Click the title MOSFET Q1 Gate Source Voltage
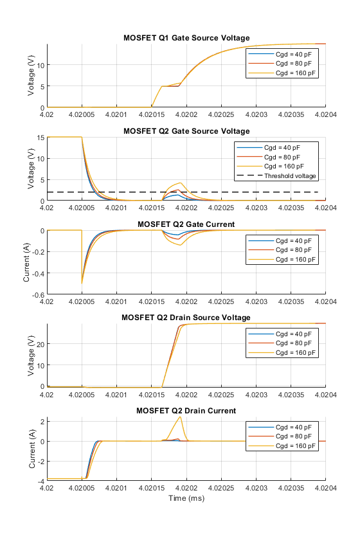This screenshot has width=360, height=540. click(x=186, y=38)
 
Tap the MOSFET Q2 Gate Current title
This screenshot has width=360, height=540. click(x=186, y=224)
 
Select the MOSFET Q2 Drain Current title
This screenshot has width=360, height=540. click(x=186, y=411)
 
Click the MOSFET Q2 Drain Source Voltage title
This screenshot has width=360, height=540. click(x=186, y=318)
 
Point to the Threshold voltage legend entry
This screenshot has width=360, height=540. click(x=290, y=176)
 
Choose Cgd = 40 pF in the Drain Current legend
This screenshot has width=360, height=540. click(x=294, y=427)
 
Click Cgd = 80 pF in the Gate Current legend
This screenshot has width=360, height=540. click(x=294, y=250)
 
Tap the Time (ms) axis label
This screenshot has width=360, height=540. click(x=186, y=498)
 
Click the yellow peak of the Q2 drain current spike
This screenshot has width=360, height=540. click(x=180, y=417)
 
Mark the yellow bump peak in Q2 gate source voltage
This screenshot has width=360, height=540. click(x=180, y=183)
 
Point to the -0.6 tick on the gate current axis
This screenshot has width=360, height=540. click(x=38, y=295)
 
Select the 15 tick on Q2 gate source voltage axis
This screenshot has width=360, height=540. click(x=40, y=138)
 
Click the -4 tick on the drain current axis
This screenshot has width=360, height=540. click(x=41, y=481)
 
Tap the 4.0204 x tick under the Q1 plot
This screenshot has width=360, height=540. click(x=325, y=114)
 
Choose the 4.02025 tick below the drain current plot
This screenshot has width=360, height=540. click(x=221, y=488)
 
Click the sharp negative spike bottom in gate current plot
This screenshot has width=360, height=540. click(x=82, y=283)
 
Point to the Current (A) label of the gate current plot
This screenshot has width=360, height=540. click(x=26, y=262)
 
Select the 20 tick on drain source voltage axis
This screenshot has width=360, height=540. click(x=40, y=344)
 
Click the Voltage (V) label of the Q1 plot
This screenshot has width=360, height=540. click(x=31, y=75)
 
